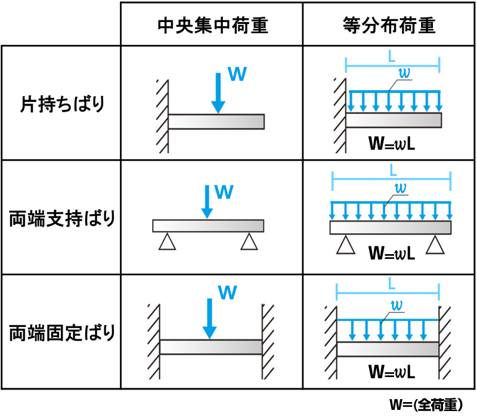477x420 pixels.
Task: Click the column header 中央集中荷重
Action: point(213,25)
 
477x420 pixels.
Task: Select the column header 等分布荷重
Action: point(389,25)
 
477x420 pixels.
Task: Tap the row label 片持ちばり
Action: point(63,104)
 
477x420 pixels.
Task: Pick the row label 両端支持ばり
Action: point(62,218)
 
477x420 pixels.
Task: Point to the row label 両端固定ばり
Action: point(62,333)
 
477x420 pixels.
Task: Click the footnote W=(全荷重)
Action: point(426,404)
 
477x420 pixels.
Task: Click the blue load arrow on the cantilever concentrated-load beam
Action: point(218,93)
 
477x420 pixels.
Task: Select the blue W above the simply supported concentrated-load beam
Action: point(224,192)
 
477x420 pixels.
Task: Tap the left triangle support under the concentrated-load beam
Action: point(167,242)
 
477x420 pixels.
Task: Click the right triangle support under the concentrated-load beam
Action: point(249,242)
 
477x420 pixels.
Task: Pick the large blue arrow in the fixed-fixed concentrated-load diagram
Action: point(210,319)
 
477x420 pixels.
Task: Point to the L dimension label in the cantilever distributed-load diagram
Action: point(392,56)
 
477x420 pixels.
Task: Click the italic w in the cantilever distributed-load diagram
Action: point(404,73)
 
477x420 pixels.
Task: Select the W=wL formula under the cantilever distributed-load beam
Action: point(392,143)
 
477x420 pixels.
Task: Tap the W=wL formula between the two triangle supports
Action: point(392,253)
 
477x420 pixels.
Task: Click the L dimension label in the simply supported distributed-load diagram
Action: point(394,170)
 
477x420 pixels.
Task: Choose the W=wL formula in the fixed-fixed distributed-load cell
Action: point(392,372)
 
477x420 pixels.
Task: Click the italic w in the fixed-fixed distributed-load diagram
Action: point(397,305)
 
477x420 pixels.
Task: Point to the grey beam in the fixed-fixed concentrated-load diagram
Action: point(211,347)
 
